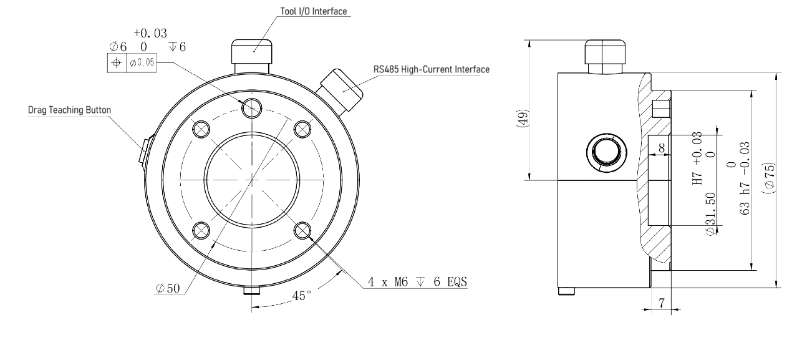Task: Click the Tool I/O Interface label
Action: pos(314,11)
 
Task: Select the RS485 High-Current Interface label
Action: pos(432,69)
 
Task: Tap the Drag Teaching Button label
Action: pos(69,110)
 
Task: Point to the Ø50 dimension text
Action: pos(168,289)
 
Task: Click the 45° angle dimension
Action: pos(302,296)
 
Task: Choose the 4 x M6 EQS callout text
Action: pos(417,282)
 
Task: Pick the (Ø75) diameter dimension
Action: pos(769,178)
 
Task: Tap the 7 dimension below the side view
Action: pos(662,303)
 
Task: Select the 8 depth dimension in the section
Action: pos(662,147)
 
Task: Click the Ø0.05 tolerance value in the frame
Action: pos(142,62)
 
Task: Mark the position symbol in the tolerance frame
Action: pos(117,63)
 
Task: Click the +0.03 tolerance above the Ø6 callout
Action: pos(150,33)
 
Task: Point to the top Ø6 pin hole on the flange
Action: pos(252,108)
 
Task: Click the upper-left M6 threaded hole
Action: pos(201,129)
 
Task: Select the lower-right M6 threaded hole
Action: pos(302,231)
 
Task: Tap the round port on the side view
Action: pos(607,153)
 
